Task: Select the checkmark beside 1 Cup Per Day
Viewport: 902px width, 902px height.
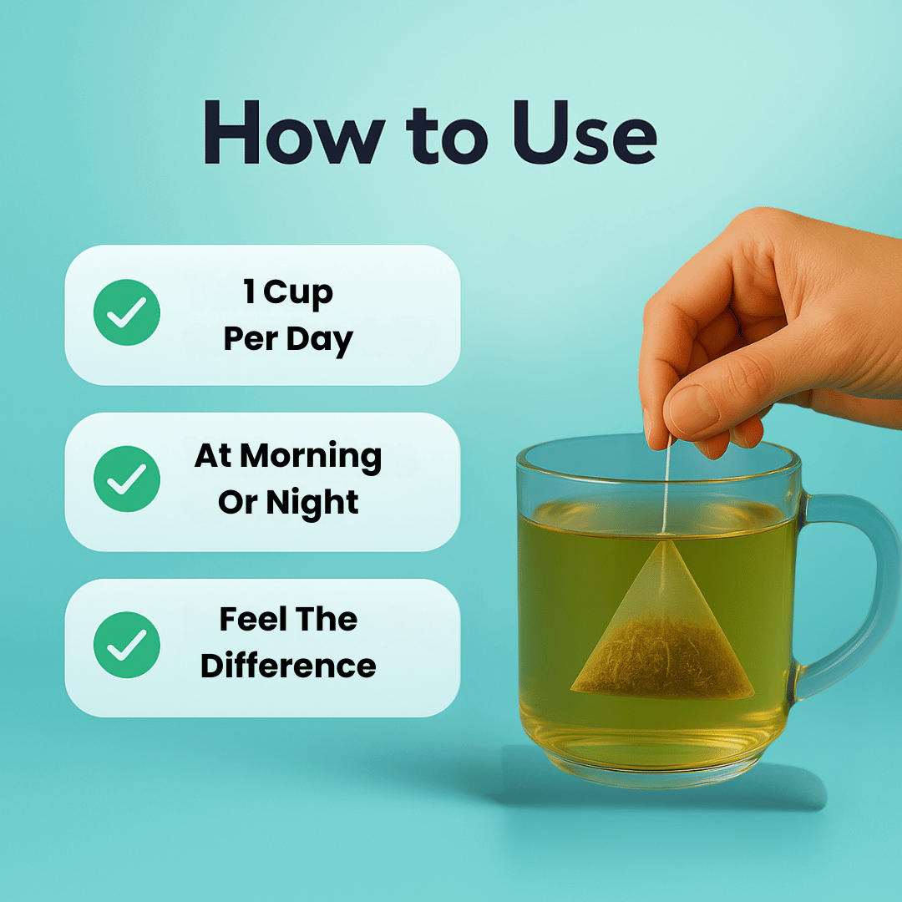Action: click(126, 312)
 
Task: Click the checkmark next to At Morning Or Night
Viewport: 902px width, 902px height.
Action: click(126, 479)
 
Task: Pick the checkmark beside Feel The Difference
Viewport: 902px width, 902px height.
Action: click(126, 645)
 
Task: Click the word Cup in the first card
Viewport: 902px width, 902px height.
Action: click(298, 293)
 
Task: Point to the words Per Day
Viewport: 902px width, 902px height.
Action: click(288, 340)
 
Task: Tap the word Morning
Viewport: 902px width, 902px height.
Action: click(311, 456)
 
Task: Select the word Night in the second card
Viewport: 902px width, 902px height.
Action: click(312, 503)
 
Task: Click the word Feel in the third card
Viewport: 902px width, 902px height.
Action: click(249, 620)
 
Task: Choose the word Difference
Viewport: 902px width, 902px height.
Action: click(288, 666)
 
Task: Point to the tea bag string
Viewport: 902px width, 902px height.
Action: click(666, 484)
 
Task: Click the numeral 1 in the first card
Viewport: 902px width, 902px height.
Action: click(249, 293)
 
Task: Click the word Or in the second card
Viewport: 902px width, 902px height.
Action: click(236, 503)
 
